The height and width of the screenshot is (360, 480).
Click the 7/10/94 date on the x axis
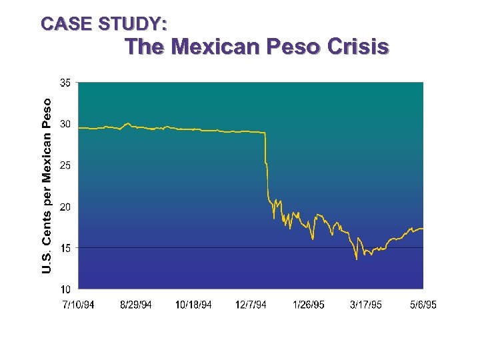78,305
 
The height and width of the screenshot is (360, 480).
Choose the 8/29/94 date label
136,305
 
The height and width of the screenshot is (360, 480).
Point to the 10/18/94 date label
193,305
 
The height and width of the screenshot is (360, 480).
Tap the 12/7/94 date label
251,305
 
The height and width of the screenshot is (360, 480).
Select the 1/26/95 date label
309,305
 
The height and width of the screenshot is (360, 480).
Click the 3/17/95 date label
366,305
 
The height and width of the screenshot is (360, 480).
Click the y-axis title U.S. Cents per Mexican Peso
47,185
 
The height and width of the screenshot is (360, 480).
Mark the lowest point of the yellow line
357,259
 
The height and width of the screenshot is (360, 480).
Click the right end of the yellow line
423,229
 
